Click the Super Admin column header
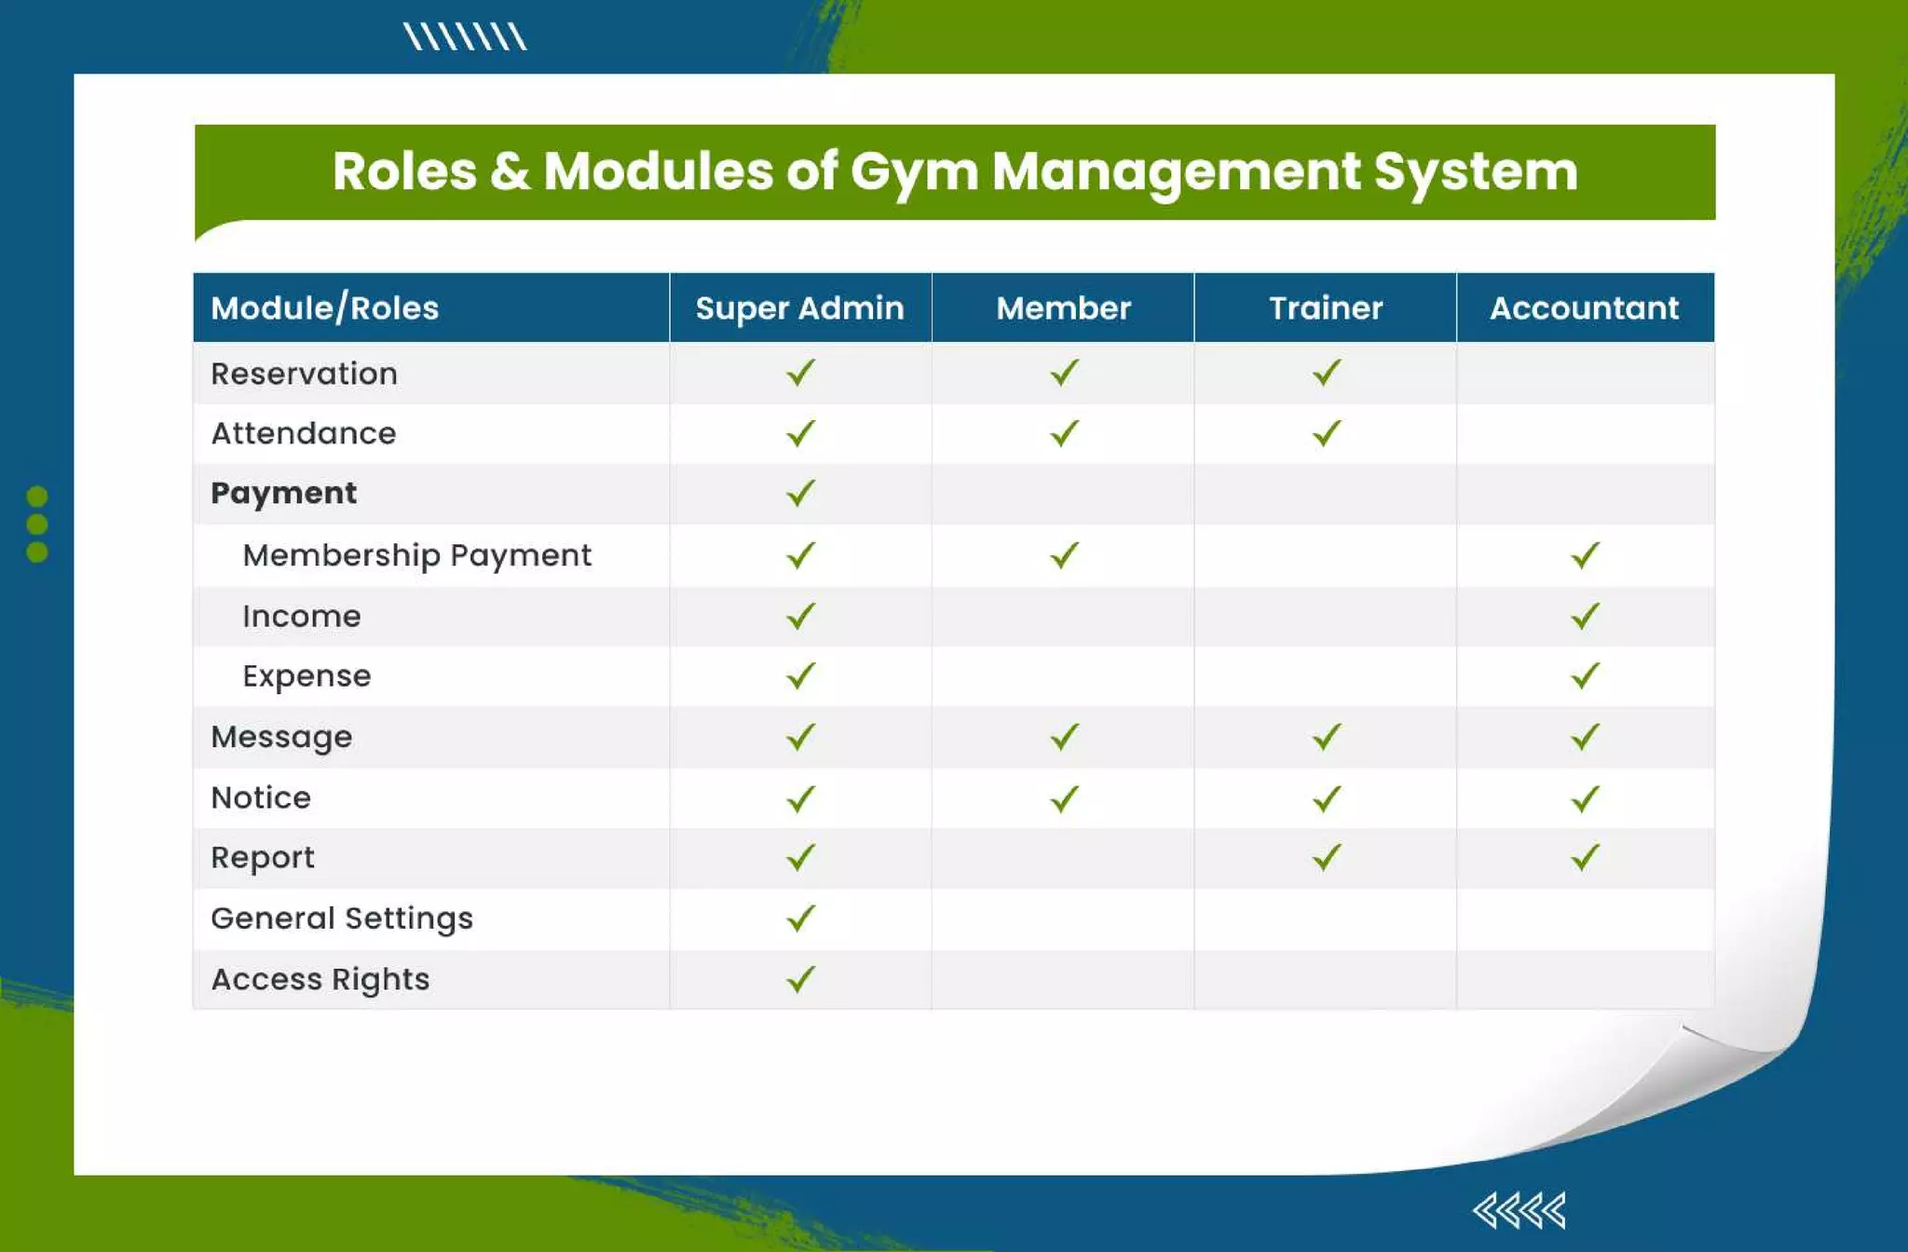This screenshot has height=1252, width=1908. click(799, 308)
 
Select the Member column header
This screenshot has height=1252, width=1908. click(1063, 308)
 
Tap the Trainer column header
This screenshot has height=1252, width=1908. click(1326, 308)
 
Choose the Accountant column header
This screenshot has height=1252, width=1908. click(1584, 308)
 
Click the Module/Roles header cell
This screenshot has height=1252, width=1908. click(324, 308)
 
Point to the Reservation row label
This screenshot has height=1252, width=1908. click(304, 374)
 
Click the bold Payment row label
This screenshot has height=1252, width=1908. click(283, 493)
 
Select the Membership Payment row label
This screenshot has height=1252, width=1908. click(416, 555)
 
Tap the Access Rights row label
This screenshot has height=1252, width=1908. click(320, 979)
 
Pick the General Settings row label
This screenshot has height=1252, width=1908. click(341, 919)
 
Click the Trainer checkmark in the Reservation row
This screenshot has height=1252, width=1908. click(1326, 373)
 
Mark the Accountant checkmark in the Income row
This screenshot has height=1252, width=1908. click(1584, 616)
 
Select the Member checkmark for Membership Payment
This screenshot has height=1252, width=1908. click(1063, 555)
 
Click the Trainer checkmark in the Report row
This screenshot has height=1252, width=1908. click(1326, 857)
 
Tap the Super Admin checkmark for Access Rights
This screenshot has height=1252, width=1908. click(799, 979)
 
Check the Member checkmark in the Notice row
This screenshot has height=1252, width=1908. click(1063, 798)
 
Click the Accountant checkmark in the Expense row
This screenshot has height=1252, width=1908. click(1584, 675)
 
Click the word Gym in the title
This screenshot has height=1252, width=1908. click(913, 172)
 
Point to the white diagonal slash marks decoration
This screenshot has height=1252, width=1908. click(465, 37)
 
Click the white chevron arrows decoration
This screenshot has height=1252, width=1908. click(1519, 1211)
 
